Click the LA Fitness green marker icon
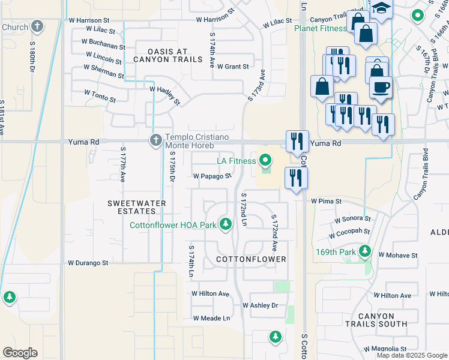[265, 160]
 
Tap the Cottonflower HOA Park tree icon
[226, 224]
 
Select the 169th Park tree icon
[364, 251]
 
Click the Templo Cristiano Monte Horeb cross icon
[155, 140]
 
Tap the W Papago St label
[212, 176]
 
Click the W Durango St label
[88, 263]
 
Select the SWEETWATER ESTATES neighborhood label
[137, 207]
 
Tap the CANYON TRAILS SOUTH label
[377, 320]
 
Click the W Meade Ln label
[211, 318]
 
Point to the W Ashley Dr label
[261, 305]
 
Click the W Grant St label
[233, 67]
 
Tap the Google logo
[20, 353]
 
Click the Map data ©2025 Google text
[411, 355]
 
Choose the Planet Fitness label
[321, 28]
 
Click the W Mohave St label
[397, 255]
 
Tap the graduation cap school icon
[380, 8]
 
